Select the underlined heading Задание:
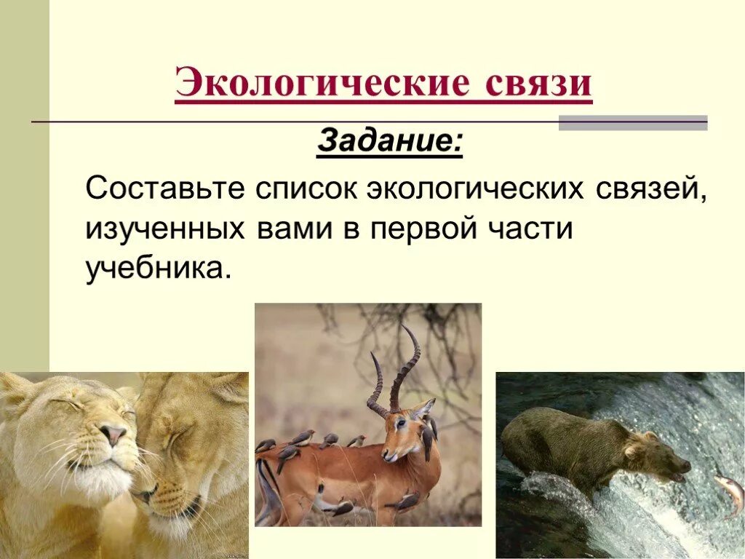point(389,141)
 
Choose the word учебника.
point(158,269)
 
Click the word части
point(532,230)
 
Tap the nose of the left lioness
point(113,435)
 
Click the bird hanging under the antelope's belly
point(338,507)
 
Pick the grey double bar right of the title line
point(632,122)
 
